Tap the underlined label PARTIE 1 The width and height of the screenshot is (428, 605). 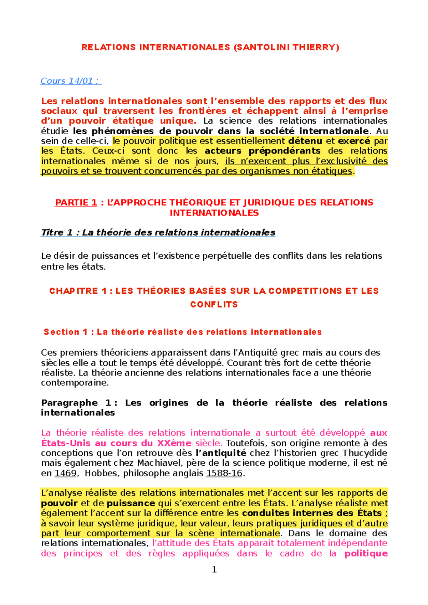click(x=76, y=203)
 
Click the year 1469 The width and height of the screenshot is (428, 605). click(x=65, y=474)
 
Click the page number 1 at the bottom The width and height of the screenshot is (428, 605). click(x=214, y=569)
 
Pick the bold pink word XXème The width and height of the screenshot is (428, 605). click(x=174, y=443)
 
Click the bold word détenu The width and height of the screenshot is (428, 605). click(x=305, y=141)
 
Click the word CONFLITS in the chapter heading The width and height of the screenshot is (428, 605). click(x=214, y=305)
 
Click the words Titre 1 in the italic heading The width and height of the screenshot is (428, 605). click(x=57, y=233)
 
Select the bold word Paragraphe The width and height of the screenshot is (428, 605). click(x=69, y=403)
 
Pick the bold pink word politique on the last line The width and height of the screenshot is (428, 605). click(x=366, y=554)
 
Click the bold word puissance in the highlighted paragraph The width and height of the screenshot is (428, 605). click(x=131, y=503)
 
